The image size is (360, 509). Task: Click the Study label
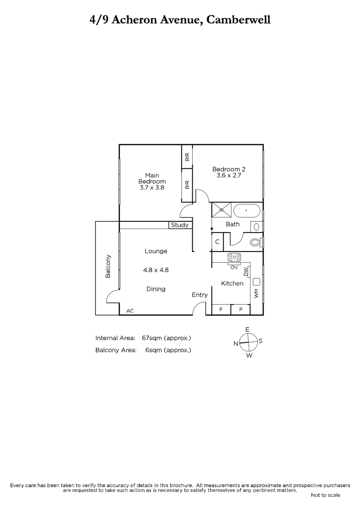180,225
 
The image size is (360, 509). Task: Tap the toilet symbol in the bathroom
256,242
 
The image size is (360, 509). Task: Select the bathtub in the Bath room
247,211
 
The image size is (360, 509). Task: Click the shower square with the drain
221,210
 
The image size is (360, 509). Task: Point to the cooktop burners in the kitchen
234,258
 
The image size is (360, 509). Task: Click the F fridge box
221,310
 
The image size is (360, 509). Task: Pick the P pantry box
241,310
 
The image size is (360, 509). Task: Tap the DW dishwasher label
246,272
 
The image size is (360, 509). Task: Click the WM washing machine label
256,294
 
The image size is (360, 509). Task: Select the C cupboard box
217,242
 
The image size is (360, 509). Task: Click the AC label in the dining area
130,310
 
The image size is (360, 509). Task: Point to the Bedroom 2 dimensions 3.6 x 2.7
229,176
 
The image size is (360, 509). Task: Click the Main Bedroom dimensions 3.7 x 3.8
152,187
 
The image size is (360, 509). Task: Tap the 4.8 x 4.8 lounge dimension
156,270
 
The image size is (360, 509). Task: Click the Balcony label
108,266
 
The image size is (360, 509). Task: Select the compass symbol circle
249,342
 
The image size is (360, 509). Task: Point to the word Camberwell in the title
238,20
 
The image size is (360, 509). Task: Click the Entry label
200,295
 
